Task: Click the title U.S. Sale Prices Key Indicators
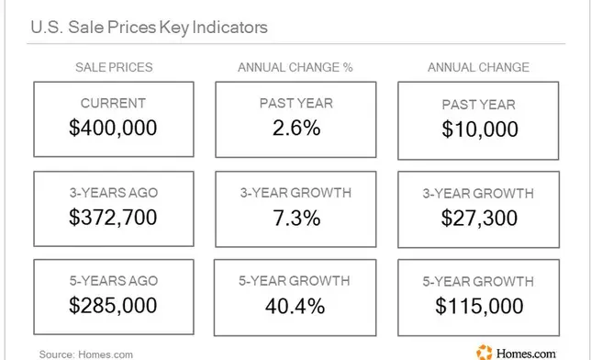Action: [149, 28]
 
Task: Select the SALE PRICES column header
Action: [114, 67]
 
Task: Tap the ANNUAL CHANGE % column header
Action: [295, 67]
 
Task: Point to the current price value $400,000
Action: [113, 128]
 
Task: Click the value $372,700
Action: [113, 218]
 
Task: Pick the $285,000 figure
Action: [113, 305]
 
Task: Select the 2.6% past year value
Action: [296, 128]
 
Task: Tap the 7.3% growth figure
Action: [296, 219]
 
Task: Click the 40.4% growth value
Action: [295, 306]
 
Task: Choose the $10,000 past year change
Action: [480, 129]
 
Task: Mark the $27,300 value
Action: [479, 219]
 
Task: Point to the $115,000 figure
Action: [479, 306]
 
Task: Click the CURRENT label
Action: [113, 104]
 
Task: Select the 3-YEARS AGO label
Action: [114, 193]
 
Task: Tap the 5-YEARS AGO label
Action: [114, 281]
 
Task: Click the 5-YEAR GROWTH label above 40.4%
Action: [295, 281]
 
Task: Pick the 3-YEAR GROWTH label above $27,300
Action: [478, 194]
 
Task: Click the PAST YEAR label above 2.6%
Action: [296, 104]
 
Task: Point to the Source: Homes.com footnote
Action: [86, 354]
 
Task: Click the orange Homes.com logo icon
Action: [485, 353]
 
